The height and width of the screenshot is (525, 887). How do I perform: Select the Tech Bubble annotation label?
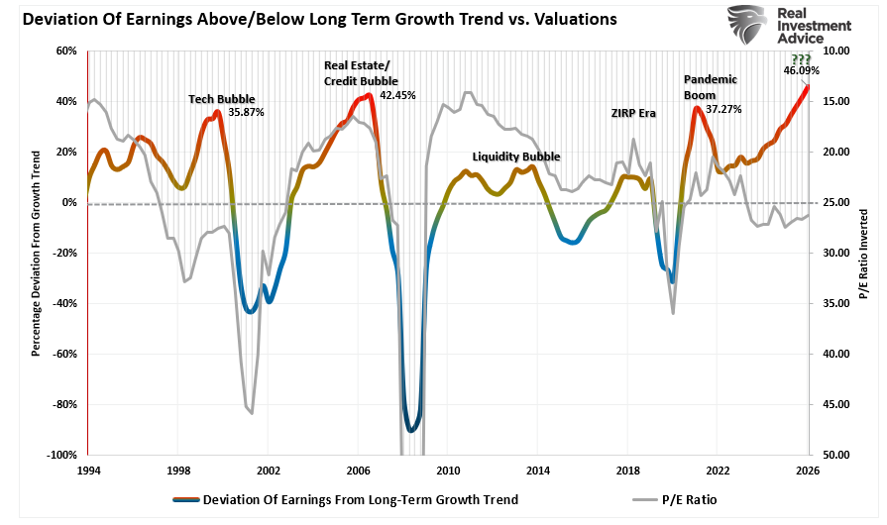pos(222,99)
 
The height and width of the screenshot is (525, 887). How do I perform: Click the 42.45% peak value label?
pos(397,95)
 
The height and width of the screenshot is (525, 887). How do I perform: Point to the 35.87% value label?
pos(246,112)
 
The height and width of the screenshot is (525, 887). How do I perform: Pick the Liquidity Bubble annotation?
pos(515,157)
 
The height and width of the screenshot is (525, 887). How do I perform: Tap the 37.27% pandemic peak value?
pos(723,109)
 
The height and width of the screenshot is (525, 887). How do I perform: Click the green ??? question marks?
pos(800,58)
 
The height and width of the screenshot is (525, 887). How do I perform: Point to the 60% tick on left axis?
pos(65,51)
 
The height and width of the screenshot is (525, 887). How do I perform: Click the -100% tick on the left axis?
pos(61,455)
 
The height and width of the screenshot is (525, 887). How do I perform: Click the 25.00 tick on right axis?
pos(834,202)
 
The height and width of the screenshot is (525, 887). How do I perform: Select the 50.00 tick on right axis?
pos(834,455)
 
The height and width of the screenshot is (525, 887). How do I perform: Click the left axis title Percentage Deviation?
pos(36,253)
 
